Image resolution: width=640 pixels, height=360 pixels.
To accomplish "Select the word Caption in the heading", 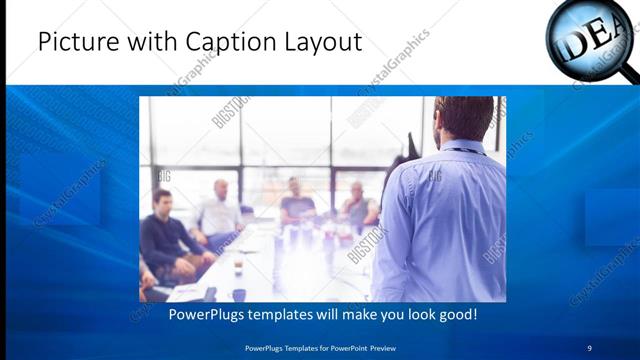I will [x=223, y=43].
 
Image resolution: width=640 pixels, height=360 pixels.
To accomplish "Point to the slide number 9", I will [x=590, y=347].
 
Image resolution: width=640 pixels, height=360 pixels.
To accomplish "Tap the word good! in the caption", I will [x=454, y=315].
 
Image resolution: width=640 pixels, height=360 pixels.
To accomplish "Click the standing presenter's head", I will [x=464, y=118].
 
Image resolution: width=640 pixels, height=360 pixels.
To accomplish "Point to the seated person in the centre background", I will [x=297, y=200].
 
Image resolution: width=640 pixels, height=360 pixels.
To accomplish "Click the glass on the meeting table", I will [x=238, y=268].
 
